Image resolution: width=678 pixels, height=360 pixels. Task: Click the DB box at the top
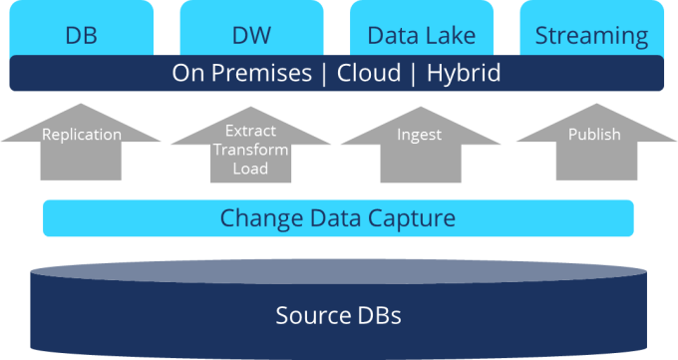(81, 36)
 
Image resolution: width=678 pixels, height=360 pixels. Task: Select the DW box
(250, 36)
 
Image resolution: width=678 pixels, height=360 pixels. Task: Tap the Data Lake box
(421, 36)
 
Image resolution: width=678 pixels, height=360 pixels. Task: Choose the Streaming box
(591, 36)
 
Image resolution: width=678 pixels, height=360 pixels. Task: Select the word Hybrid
(463, 74)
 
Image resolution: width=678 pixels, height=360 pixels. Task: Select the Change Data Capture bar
(338, 218)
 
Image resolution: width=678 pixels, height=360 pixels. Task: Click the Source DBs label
(338, 316)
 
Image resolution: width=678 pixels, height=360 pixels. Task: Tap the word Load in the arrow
(250, 169)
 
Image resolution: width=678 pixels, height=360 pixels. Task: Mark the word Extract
(250, 131)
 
